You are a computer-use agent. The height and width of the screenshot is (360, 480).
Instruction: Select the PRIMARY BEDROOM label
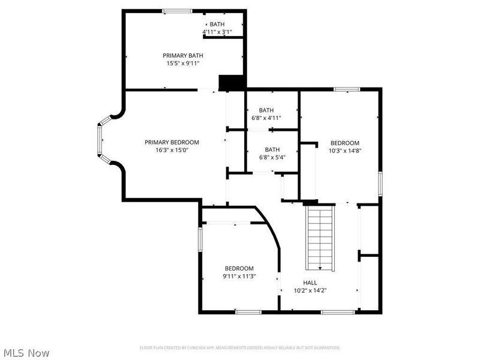[x=172, y=142]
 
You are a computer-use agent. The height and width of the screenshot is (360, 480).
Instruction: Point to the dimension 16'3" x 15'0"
[x=172, y=150]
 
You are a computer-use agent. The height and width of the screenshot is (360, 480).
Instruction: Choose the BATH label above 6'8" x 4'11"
[x=266, y=110]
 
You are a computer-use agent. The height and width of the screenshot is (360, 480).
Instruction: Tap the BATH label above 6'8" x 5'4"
[x=272, y=149]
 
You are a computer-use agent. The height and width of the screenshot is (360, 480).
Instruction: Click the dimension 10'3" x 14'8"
[x=345, y=151]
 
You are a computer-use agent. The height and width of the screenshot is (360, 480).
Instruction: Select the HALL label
[x=310, y=283]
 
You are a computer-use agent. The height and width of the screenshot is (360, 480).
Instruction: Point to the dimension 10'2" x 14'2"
[x=310, y=290]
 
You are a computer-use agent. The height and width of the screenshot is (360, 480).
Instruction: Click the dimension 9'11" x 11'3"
[x=239, y=276]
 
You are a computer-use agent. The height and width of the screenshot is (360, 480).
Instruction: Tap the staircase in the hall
[x=320, y=238]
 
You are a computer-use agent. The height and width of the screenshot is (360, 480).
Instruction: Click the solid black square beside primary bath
[x=232, y=83]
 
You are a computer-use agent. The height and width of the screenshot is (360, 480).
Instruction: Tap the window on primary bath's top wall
[x=178, y=10]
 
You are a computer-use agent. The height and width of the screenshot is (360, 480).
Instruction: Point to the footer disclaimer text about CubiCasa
[x=240, y=347]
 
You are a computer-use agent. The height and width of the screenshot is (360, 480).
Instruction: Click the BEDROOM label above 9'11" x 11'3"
[x=239, y=268]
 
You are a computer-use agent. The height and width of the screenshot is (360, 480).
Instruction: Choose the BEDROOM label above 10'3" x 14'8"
[x=345, y=143]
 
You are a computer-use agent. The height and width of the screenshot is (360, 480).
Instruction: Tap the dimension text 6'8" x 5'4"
[x=272, y=157]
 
